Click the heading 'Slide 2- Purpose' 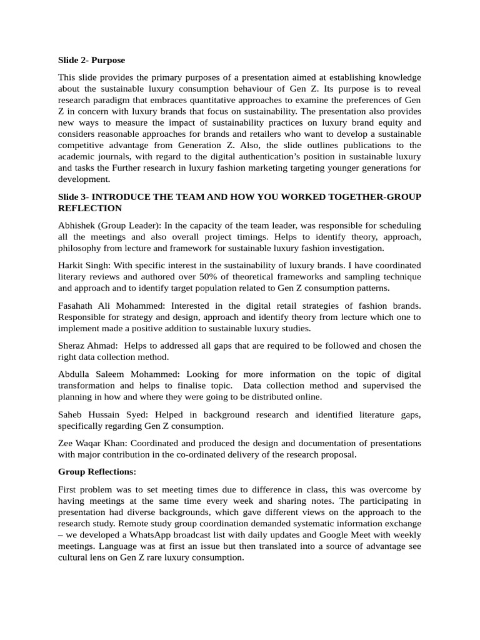tap(91, 60)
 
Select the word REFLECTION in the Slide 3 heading tap(90, 207)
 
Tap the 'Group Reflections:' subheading tap(97, 471)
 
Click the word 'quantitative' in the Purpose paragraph tap(229, 100)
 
